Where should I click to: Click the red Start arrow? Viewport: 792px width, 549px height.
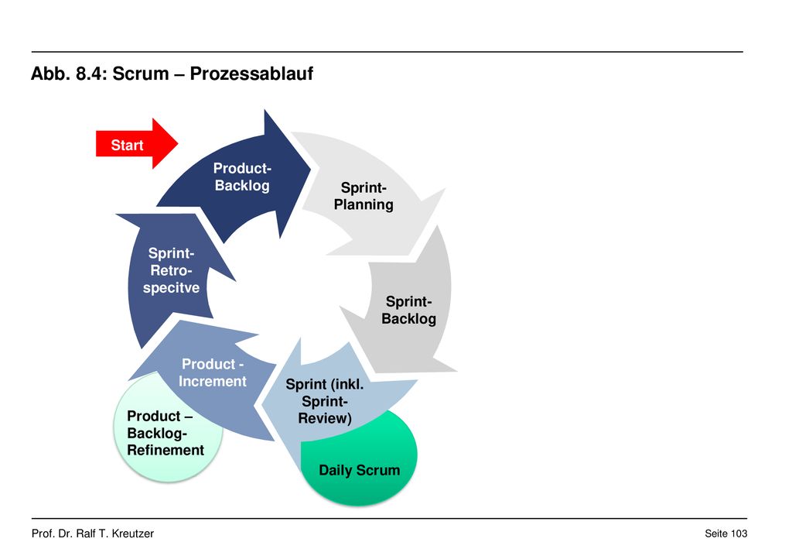coord(136,144)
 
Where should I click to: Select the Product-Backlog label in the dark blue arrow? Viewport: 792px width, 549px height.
coord(242,177)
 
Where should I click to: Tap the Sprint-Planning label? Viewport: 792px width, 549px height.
coord(364,196)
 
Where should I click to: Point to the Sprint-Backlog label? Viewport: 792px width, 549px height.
coord(408,310)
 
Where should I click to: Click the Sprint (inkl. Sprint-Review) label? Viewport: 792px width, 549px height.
coord(325,401)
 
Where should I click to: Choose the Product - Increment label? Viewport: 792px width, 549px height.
coord(213,372)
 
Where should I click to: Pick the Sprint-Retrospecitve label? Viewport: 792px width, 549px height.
coord(171,270)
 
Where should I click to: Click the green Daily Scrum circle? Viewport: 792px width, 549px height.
coord(359,457)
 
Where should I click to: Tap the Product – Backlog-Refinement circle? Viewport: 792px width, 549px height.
coord(168,427)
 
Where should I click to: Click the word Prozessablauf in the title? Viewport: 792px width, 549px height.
coord(251,74)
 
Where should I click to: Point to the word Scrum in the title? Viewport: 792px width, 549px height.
coord(141,74)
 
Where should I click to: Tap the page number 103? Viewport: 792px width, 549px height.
coord(739,534)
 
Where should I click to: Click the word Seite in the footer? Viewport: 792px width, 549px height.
coord(716,534)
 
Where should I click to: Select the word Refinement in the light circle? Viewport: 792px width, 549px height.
coord(166,450)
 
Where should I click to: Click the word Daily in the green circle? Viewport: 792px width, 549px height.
coord(336,471)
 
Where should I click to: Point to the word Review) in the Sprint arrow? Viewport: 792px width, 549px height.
coord(325,418)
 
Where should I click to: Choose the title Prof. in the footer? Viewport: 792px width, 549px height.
coord(43,534)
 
